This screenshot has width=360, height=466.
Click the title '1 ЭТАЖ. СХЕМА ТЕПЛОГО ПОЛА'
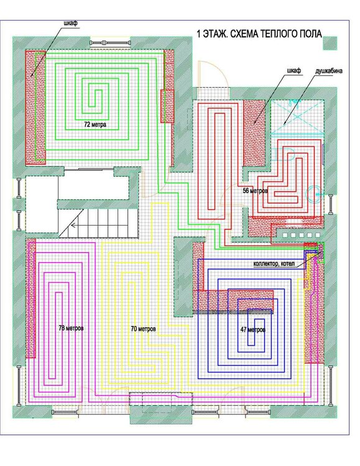259,34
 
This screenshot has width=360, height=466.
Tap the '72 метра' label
95,124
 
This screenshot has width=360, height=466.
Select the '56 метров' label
256,191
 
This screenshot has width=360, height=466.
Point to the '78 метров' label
71,328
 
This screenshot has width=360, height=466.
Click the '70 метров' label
143,329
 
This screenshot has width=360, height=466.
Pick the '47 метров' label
253,329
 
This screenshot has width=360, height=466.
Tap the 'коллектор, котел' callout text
274,263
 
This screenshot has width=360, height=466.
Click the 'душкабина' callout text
329,71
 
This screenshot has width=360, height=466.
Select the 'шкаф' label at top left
71,23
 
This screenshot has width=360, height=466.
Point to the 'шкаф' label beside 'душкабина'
294,71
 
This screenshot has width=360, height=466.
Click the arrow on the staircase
76,225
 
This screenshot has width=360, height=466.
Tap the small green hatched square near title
330,43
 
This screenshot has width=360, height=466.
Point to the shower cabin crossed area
297,118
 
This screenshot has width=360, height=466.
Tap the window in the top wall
110,42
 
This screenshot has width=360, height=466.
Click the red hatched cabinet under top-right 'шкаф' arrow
254,133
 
